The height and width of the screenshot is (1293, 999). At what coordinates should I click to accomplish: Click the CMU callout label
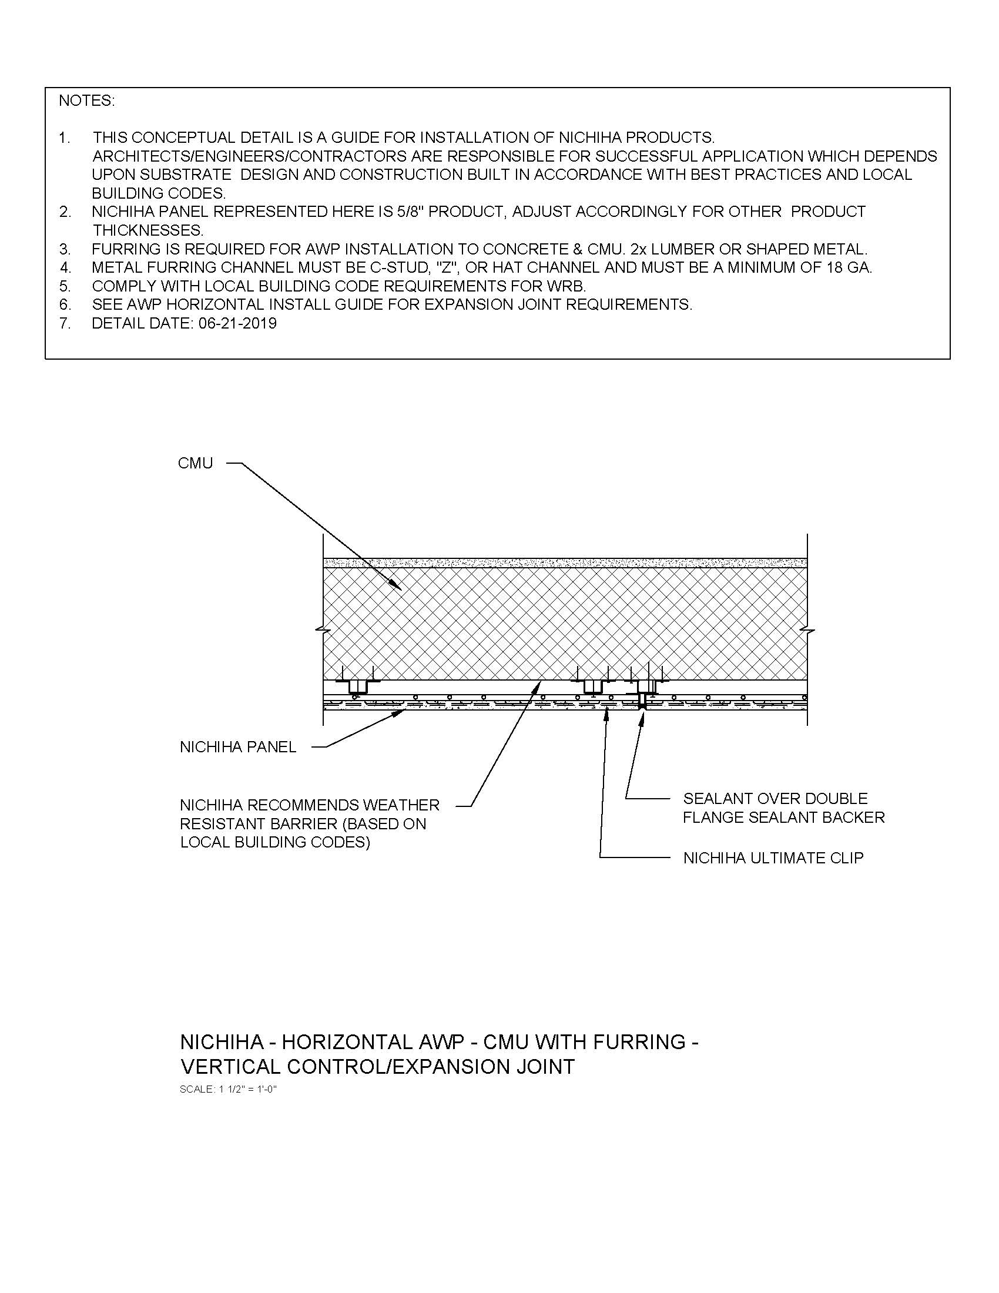(195, 463)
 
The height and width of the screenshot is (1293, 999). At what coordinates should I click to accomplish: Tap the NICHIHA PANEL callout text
(238, 747)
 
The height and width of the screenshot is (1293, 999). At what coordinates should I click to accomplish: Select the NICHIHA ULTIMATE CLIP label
(773, 858)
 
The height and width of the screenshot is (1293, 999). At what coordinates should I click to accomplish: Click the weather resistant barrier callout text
(310, 823)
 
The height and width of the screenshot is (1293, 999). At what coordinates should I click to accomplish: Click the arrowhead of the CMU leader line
(400, 589)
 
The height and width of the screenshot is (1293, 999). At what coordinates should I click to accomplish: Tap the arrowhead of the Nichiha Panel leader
(403, 712)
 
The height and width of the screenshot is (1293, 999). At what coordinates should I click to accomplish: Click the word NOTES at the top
(86, 101)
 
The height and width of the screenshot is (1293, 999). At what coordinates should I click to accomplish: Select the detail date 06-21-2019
(234, 323)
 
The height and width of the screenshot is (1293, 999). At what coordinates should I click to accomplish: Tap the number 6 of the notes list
(65, 305)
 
